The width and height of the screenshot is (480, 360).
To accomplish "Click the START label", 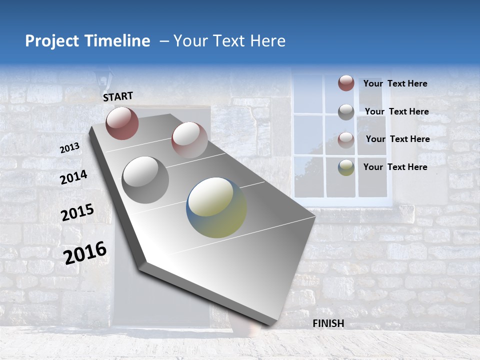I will click(x=118, y=96).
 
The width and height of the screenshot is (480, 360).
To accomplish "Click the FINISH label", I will click(x=328, y=323).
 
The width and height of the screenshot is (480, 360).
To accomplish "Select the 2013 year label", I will click(x=69, y=148).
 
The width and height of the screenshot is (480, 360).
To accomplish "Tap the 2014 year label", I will click(x=73, y=177).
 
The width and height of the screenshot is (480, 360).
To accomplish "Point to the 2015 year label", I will click(x=77, y=212).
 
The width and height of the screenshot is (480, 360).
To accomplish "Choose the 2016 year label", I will click(x=85, y=252).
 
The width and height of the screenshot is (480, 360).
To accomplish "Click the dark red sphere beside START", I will click(x=122, y=123).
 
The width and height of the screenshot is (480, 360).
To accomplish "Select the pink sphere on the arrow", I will click(x=189, y=139).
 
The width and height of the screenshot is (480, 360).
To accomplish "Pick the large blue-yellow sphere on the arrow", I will click(x=216, y=207).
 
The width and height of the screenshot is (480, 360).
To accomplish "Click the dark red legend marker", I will click(x=346, y=83).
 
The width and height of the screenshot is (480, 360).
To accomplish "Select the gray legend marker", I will click(x=346, y=112).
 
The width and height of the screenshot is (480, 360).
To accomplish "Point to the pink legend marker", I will click(x=346, y=140).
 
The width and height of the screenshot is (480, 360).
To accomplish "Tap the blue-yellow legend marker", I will click(x=346, y=167).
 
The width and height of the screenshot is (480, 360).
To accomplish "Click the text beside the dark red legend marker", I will click(x=395, y=83).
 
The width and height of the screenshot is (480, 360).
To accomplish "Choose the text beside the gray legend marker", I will click(x=396, y=111).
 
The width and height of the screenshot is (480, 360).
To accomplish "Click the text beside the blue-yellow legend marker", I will click(x=395, y=167).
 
